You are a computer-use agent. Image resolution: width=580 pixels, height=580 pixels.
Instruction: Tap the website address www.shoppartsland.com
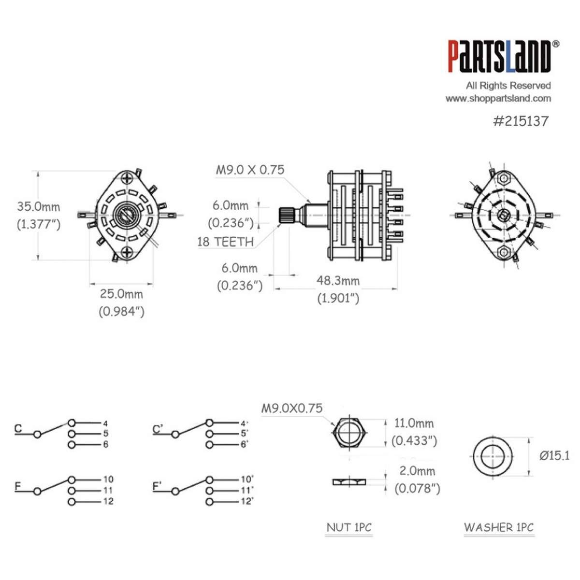click(498, 99)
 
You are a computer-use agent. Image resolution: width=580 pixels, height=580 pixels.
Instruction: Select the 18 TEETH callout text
click(225, 242)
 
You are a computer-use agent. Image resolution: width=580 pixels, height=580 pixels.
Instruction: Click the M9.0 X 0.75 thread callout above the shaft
click(250, 170)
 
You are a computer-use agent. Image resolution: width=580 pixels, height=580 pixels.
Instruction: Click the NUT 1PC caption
click(349, 527)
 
